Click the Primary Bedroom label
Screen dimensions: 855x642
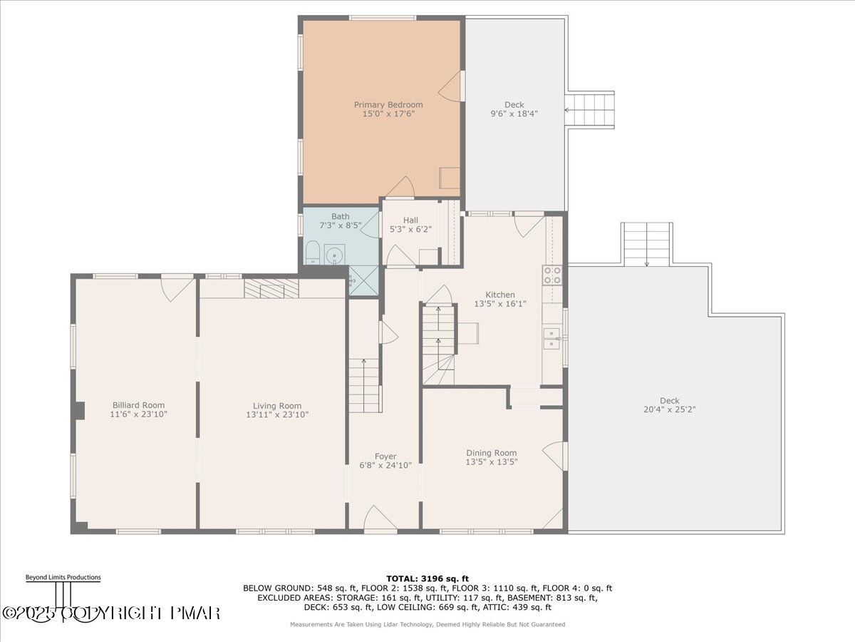(x=388, y=104)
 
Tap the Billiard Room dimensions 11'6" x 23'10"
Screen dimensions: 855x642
(x=138, y=414)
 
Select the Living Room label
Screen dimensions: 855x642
(x=277, y=406)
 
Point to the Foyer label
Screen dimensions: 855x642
(x=385, y=456)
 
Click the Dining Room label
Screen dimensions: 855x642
(x=491, y=452)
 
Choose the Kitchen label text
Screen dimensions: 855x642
(x=499, y=295)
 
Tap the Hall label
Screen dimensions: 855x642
(x=410, y=220)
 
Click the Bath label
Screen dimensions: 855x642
(x=340, y=216)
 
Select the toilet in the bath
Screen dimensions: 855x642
(x=312, y=252)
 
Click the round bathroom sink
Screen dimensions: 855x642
(x=334, y=255)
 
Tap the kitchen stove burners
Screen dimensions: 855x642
(x=552, y=275)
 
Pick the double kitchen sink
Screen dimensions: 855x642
(x=552, y=338)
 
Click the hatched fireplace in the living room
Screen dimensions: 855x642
(x=271, y=288)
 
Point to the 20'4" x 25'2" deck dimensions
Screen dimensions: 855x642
(x=669, y=409)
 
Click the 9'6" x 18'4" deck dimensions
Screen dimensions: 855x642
(x=514, y=114)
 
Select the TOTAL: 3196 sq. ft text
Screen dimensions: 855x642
(x=427, y=579)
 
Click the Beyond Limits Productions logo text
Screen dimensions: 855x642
(x=63, y=577)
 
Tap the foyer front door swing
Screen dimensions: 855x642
(x=380, y=518)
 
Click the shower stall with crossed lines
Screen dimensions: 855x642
(x=363, y=280)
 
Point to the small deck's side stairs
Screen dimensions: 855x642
(x=589, y=110)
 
